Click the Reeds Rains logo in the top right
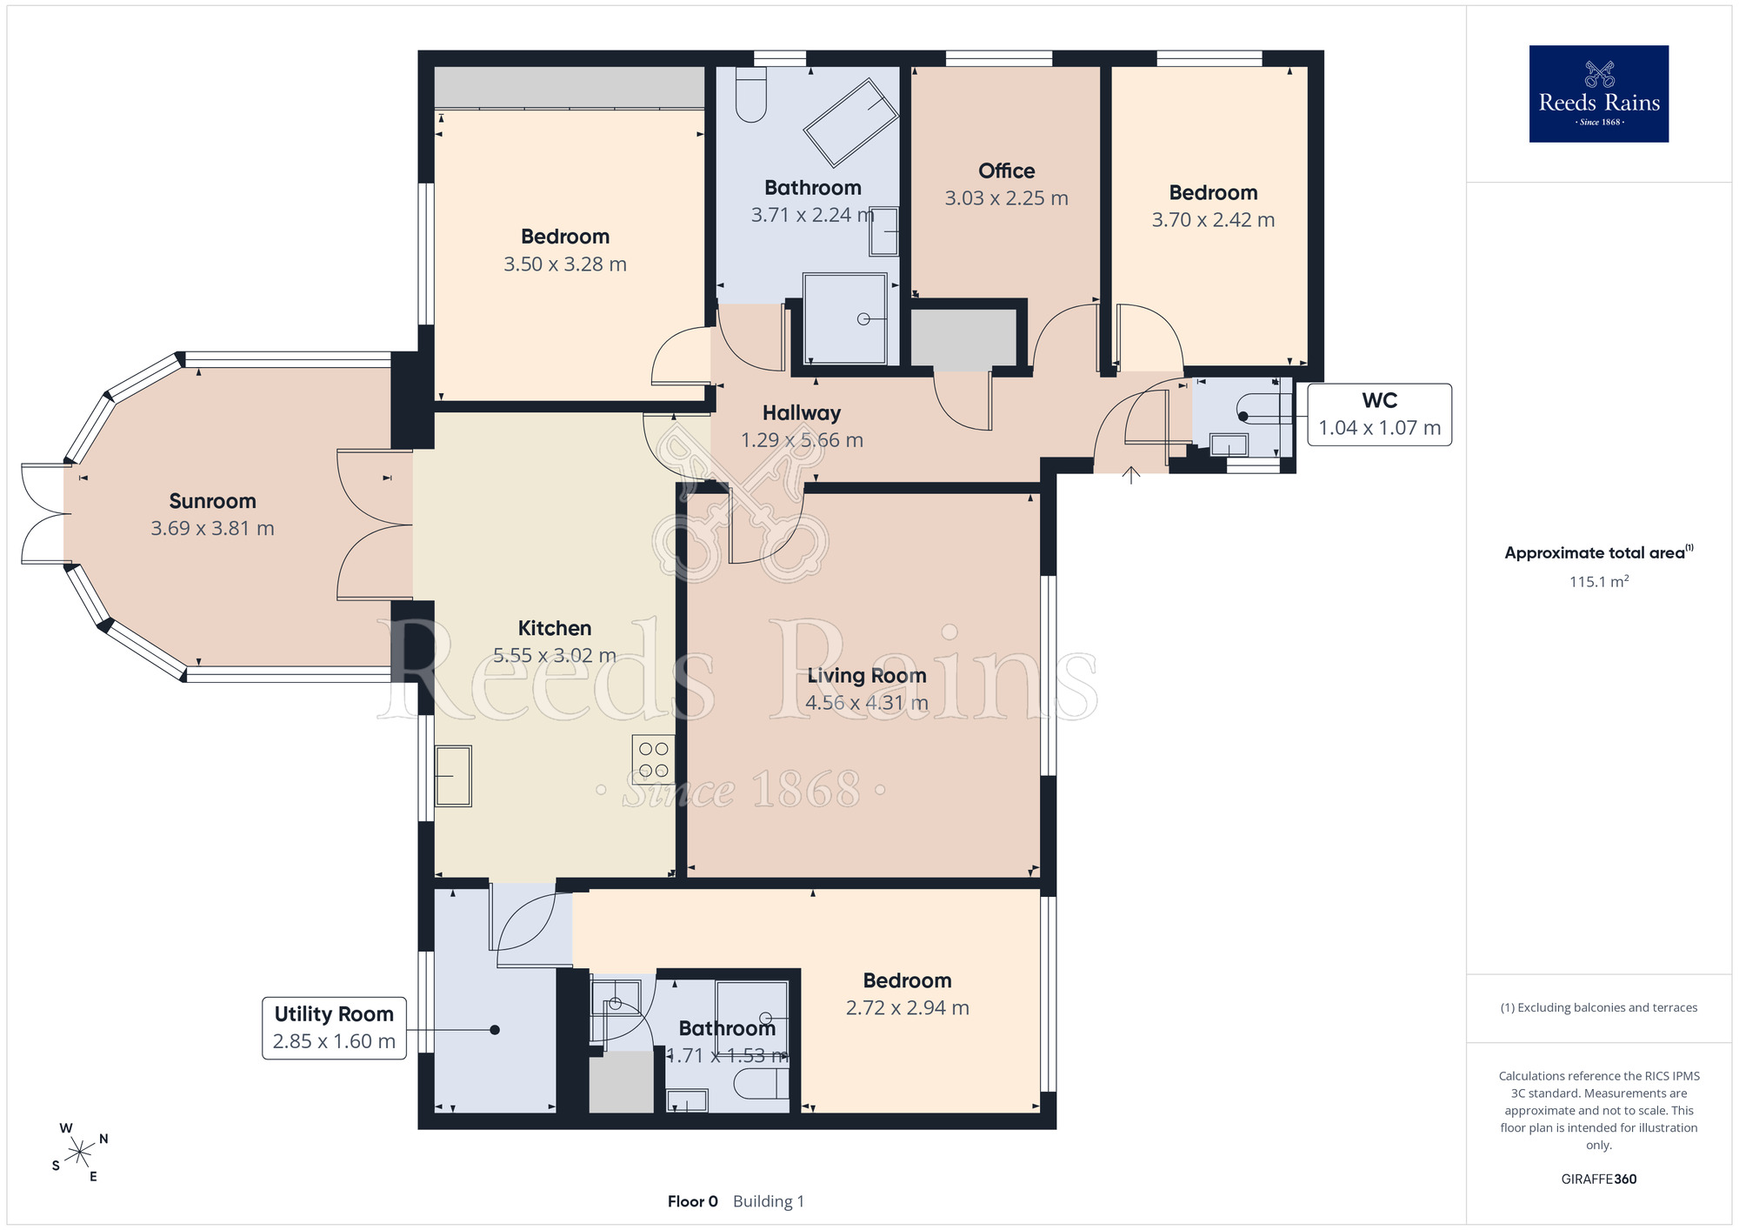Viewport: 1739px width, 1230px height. [x=1598, y=94]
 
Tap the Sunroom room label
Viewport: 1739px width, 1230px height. [x=213, y=501]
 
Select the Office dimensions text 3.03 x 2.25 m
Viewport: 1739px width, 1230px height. [x=1007, y=198]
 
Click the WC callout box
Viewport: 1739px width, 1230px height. [x=1380, y=415]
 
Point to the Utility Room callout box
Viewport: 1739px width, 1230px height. [x=334, y=1028]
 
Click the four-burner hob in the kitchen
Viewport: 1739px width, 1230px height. [x=654, y=759]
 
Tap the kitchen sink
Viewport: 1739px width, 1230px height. [x=453, y=776]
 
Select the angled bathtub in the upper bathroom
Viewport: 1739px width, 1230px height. [x=851, y=123]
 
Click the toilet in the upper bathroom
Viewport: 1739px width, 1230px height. [x=751, y=95]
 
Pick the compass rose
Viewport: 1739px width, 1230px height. [x=79, y=1153]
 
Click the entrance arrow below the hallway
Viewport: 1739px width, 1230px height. [x=1130, y=475]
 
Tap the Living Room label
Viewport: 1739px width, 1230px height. [x=867, y=676]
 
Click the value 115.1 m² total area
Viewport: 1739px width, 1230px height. [x=1599, y=581]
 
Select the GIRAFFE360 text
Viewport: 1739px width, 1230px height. [x=1599, y=1180]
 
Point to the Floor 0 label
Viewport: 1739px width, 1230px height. [x=693, y=1201]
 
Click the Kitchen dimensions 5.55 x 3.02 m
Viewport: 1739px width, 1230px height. [x=555, y=656]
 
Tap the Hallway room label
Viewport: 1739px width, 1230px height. [x=802, y=413]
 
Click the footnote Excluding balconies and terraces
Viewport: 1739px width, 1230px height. [x=1599, y=1007]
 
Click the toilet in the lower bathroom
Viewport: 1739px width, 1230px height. [x=762, y=1084]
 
